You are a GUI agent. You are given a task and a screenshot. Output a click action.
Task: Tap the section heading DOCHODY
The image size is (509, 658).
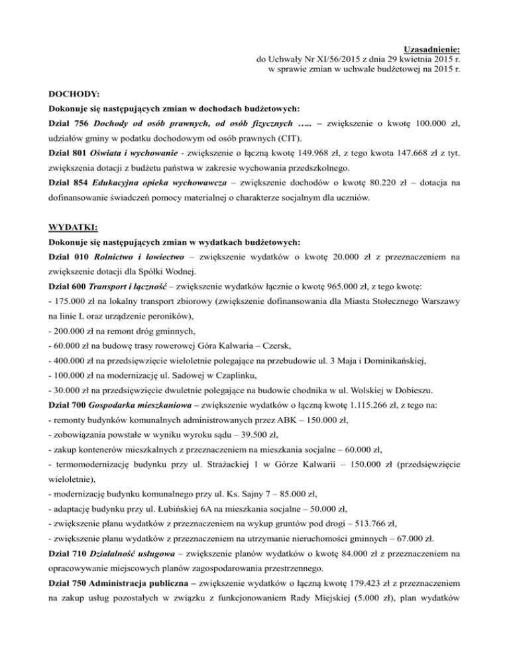75,94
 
